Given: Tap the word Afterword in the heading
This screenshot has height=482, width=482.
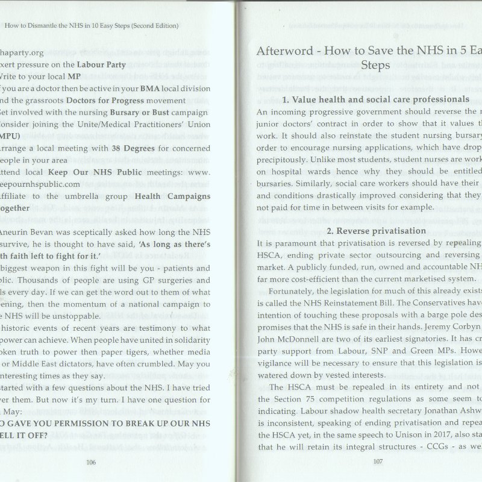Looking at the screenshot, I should [x=289, y=51].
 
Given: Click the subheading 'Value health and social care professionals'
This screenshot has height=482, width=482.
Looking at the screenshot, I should [x=375, y=99].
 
